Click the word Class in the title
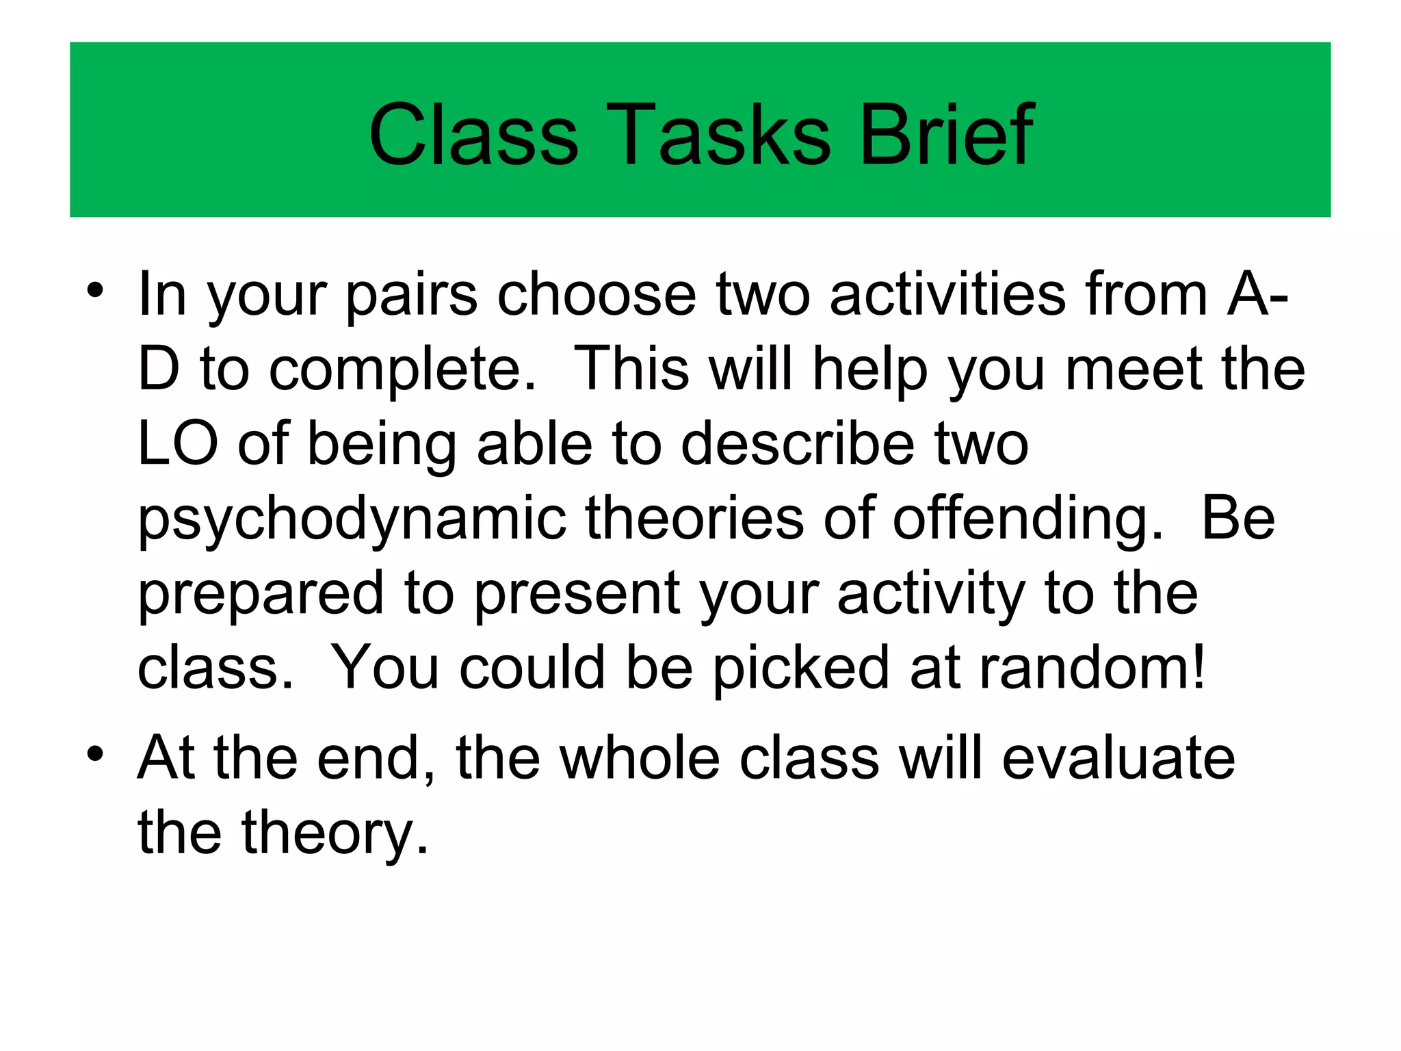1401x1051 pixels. (473, 134)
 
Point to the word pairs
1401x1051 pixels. (411, 296)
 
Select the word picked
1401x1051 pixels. (800, 668)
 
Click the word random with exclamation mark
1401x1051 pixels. (1092, 668)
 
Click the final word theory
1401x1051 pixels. (335, 833)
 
